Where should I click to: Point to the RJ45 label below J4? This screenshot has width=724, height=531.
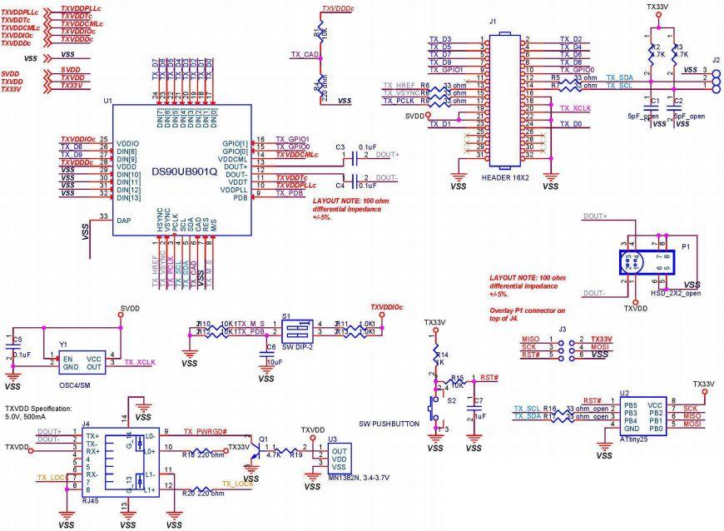pos(92,503)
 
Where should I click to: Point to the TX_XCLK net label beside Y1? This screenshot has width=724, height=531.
pos(141,363)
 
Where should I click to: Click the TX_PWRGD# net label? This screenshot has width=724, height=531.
pos(206,431)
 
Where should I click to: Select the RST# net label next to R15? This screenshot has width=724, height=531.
pos(490,377)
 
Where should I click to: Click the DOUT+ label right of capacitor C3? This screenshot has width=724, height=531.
pos(388,155)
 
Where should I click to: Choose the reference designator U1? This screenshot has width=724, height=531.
pos(107,101)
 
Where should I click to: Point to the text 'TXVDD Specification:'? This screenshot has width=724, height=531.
pos(38,409)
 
